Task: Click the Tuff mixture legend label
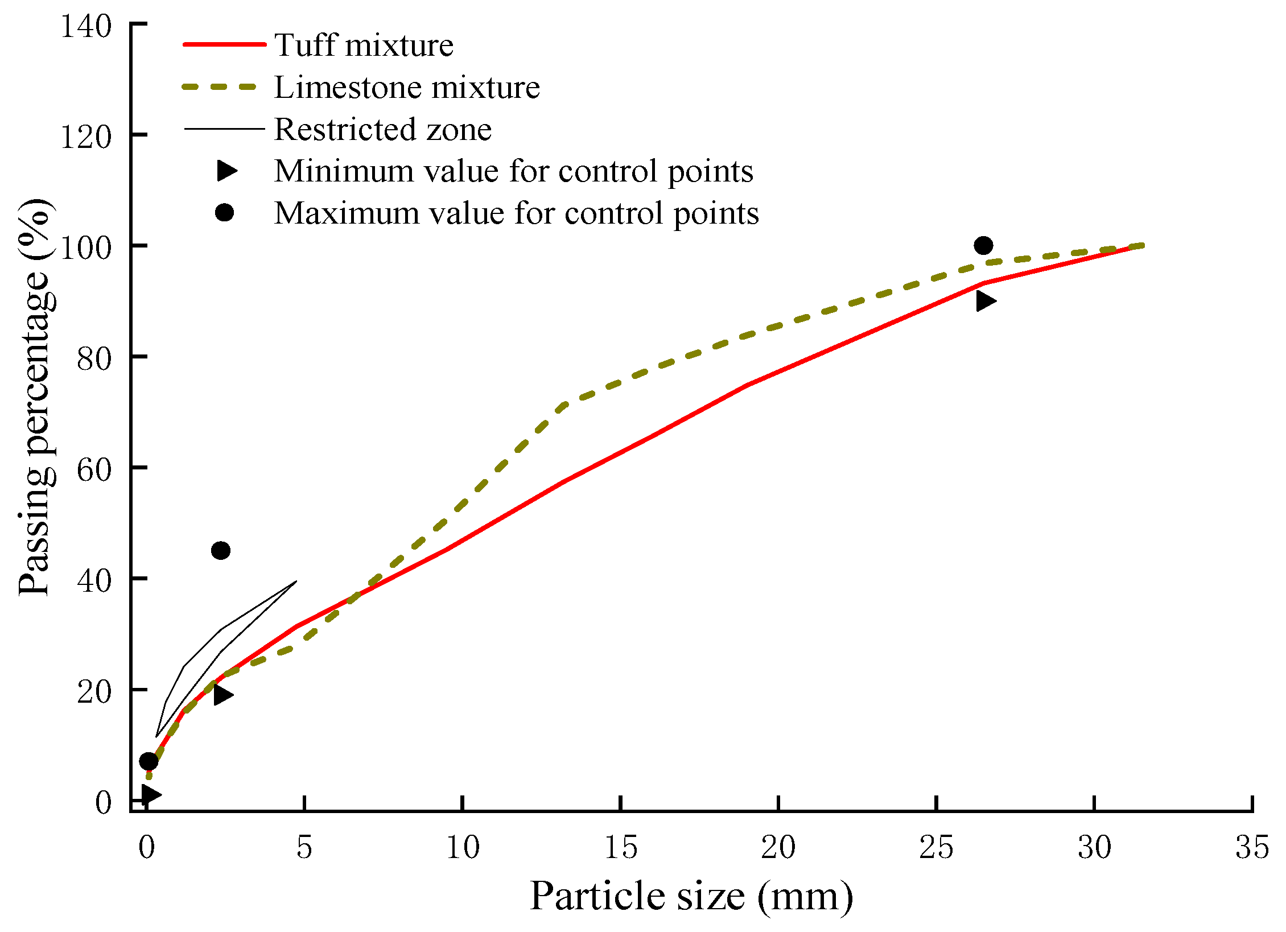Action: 364,45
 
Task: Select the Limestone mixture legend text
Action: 407,87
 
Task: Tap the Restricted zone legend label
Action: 382,129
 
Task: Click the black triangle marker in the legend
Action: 226,171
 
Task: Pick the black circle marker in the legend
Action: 224,213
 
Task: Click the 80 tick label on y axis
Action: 94,358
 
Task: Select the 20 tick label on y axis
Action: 94,691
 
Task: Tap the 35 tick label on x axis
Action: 1252,847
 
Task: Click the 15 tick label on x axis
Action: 620,847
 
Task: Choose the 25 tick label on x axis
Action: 936,847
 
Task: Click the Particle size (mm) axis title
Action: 691,896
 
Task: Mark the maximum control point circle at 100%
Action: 983,246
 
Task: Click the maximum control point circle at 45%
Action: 220,550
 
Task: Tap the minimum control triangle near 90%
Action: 985,301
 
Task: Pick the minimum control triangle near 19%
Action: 222,694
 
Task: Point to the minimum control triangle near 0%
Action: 151,794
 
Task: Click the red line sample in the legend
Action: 224,44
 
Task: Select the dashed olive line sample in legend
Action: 220,87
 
